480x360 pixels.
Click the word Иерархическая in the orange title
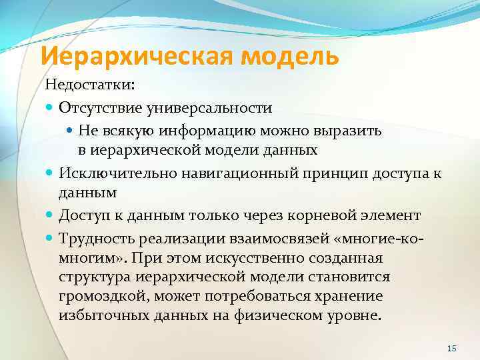point(137,56)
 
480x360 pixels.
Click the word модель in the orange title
point(291,56)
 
